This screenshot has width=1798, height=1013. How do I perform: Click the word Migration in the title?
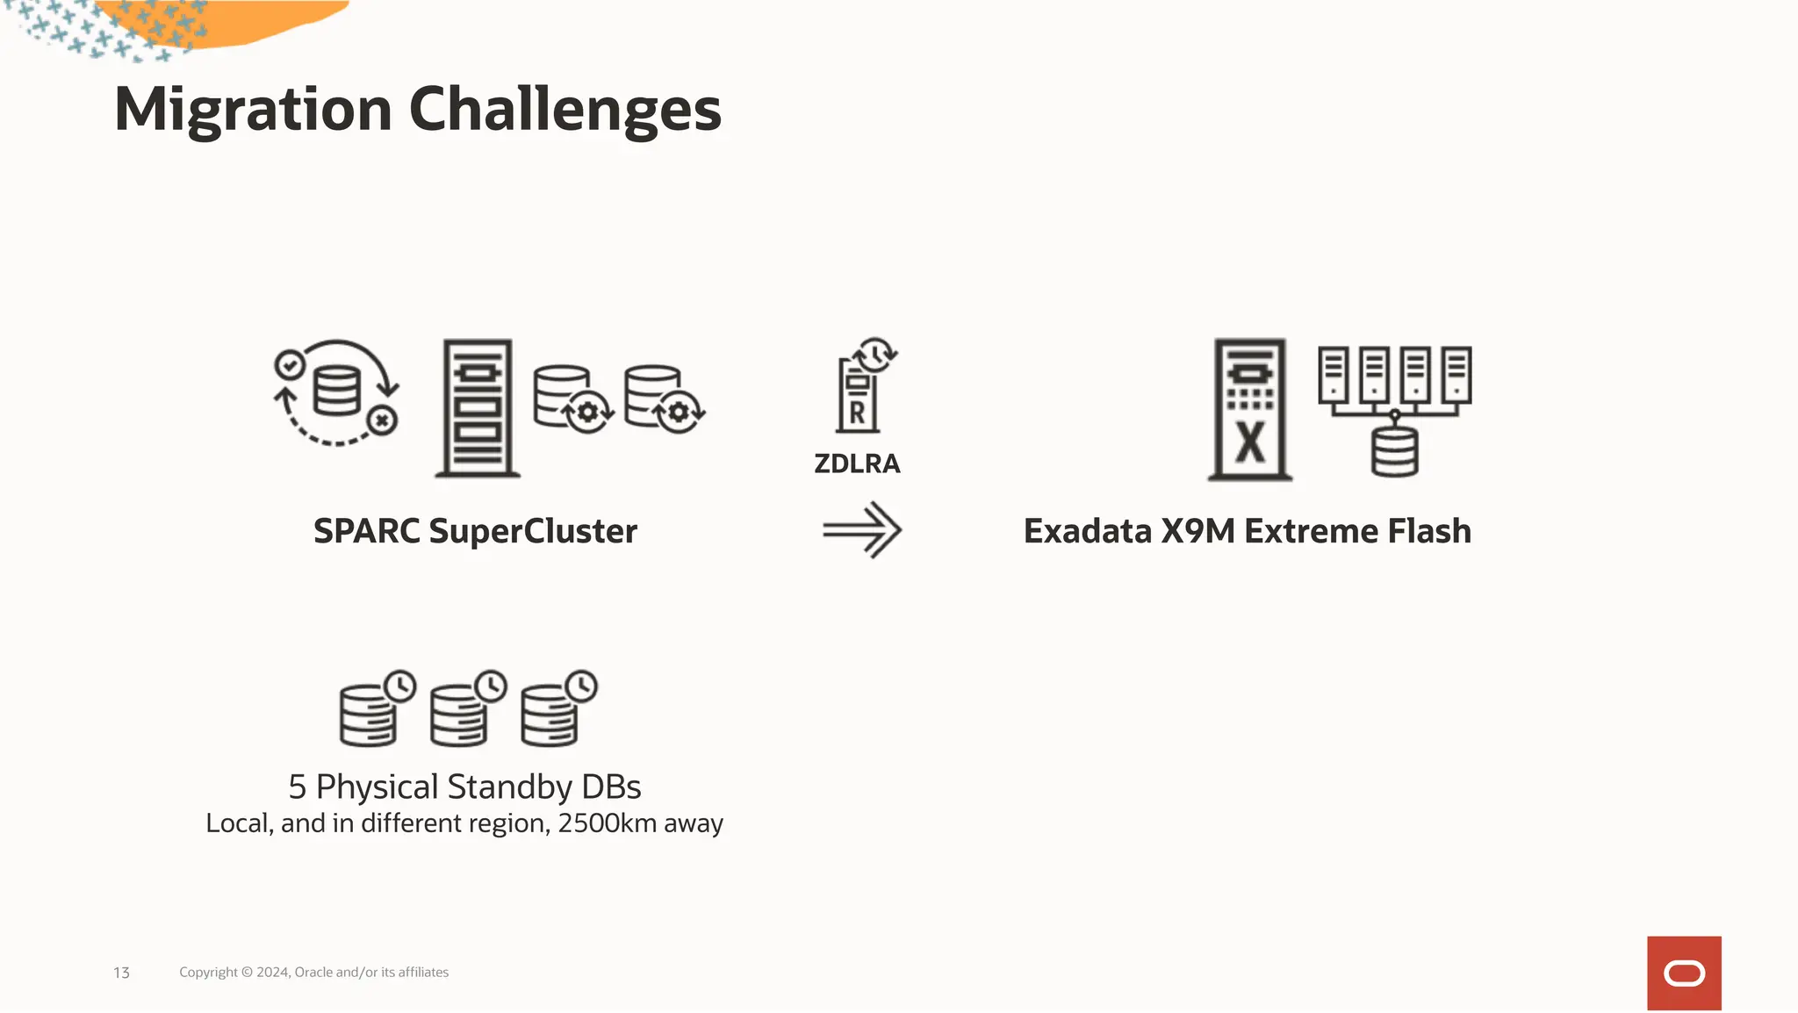pyautogui.click(x=253, y=110)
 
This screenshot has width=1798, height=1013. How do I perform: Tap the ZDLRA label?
pyautogui.click(x=857, y=463)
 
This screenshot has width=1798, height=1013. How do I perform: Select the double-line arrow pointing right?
pyautogui.click(x=862, y=530)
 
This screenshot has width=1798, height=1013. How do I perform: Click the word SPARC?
pyautogui.click(x=366, y=531)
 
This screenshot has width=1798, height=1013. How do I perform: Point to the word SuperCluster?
pyautogui.click(x=533, y=531)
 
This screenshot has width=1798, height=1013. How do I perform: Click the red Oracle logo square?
pyautogui.click(x=1684, y=973)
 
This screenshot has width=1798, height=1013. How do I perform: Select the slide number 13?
pyautogui.click(x=121, y=973)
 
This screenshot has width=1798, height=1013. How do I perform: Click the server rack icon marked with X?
pyautogui.click(x=1250, y=409)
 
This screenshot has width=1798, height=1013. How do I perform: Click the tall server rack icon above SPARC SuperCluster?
pyautogui.click(x=478, y=408)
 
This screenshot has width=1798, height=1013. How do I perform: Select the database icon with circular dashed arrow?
pyautogui.click(x=336, y=392)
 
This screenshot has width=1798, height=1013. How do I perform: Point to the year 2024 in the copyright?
pyautogui.click(x=272, y=973)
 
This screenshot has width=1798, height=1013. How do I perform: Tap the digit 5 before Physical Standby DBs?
pyautogui.click(x=298, y=787)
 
